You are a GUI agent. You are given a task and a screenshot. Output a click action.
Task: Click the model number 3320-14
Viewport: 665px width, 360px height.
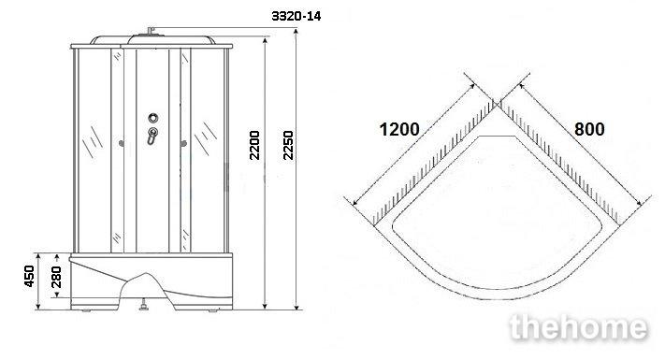296,16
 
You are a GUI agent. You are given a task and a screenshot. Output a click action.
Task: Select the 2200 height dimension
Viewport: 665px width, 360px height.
254,146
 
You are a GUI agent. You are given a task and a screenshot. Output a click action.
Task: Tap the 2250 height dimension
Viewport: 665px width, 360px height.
288,146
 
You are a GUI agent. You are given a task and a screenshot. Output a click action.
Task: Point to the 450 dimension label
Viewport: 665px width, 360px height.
29,276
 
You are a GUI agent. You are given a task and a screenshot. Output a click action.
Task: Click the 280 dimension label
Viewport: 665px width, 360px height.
56,278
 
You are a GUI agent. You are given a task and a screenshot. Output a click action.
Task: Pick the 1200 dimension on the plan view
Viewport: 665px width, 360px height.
399,129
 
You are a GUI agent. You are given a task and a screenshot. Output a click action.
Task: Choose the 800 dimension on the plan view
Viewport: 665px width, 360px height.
589,129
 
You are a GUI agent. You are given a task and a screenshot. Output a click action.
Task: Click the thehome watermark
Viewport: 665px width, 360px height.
579,328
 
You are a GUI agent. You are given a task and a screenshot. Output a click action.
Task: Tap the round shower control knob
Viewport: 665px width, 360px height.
153,118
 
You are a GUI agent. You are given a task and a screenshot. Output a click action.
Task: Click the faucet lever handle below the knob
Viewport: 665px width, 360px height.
152,136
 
